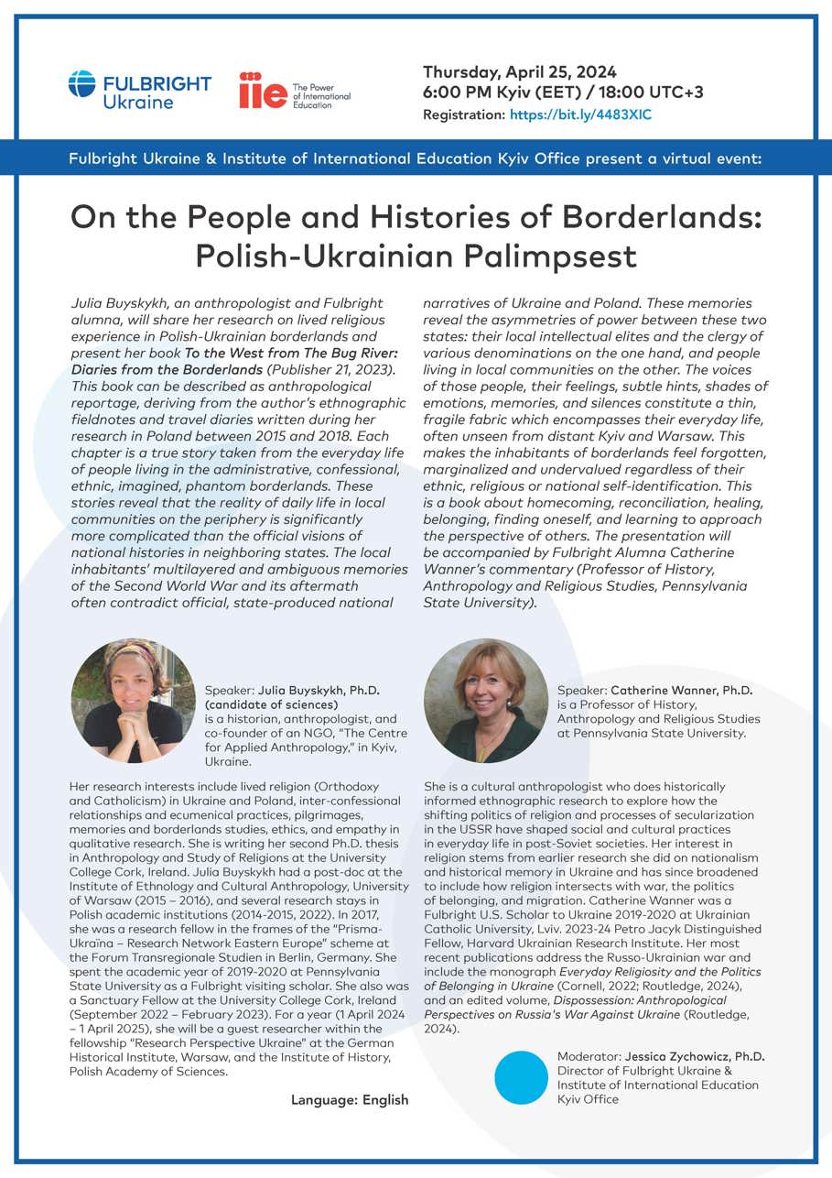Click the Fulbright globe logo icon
81,83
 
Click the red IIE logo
263,91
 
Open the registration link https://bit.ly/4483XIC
580,115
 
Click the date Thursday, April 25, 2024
519,72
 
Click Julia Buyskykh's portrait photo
133,701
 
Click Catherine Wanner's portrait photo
486,701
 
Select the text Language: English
350,1099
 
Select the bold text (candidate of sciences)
272,704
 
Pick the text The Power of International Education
320,96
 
